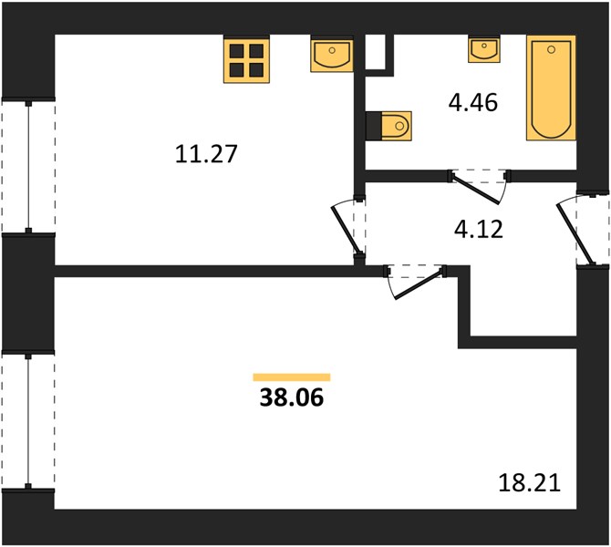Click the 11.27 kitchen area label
[206, 153]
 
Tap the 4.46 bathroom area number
[473, 103]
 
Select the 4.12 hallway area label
[479, 229]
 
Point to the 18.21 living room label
[530, 483]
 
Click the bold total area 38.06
[292, 397]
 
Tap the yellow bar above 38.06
[292, 377]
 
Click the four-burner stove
[246, 59]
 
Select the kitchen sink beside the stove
[332, 54]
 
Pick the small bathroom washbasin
[484, 48]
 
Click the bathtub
[551, 88]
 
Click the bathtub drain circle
[551, 49]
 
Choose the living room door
[419, 284]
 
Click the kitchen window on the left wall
[28, 166]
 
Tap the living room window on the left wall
[28, 420]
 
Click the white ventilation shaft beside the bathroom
[375, 52]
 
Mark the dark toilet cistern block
[374, 126]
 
